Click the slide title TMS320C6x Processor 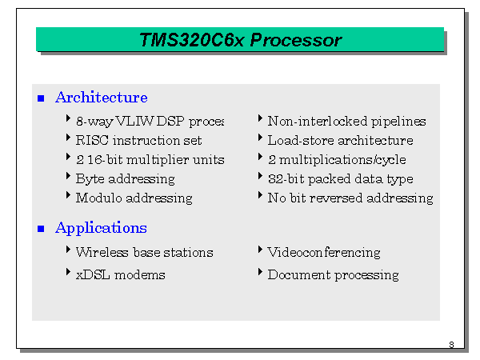click(240, 40)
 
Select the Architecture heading click(101, 98)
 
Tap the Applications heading click(101, 228)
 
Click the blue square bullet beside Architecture click(42, 98)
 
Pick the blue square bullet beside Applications click(42, 229)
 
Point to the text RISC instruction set click(138, 141)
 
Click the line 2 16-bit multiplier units click(150, 160)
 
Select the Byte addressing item click(125, 179)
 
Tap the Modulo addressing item click(134, 198)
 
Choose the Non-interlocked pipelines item click(346, 122)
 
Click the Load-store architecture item click(340, 141)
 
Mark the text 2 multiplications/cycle click(336, 160)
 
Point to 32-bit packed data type click(340, 179)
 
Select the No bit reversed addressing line click(350, 198)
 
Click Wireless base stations click(144, 253)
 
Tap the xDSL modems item click(120, 275)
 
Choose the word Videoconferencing click(324, 253)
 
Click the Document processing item click(333, 275)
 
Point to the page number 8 click(451, 345)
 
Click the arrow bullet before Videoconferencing click(261, 250)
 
